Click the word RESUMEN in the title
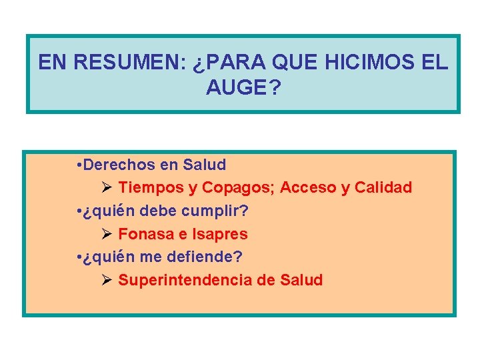(x=131, y=63)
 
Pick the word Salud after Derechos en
(x=205, y=165)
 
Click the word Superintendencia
(x=185, y=280)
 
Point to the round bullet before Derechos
(x=79, y=165)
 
